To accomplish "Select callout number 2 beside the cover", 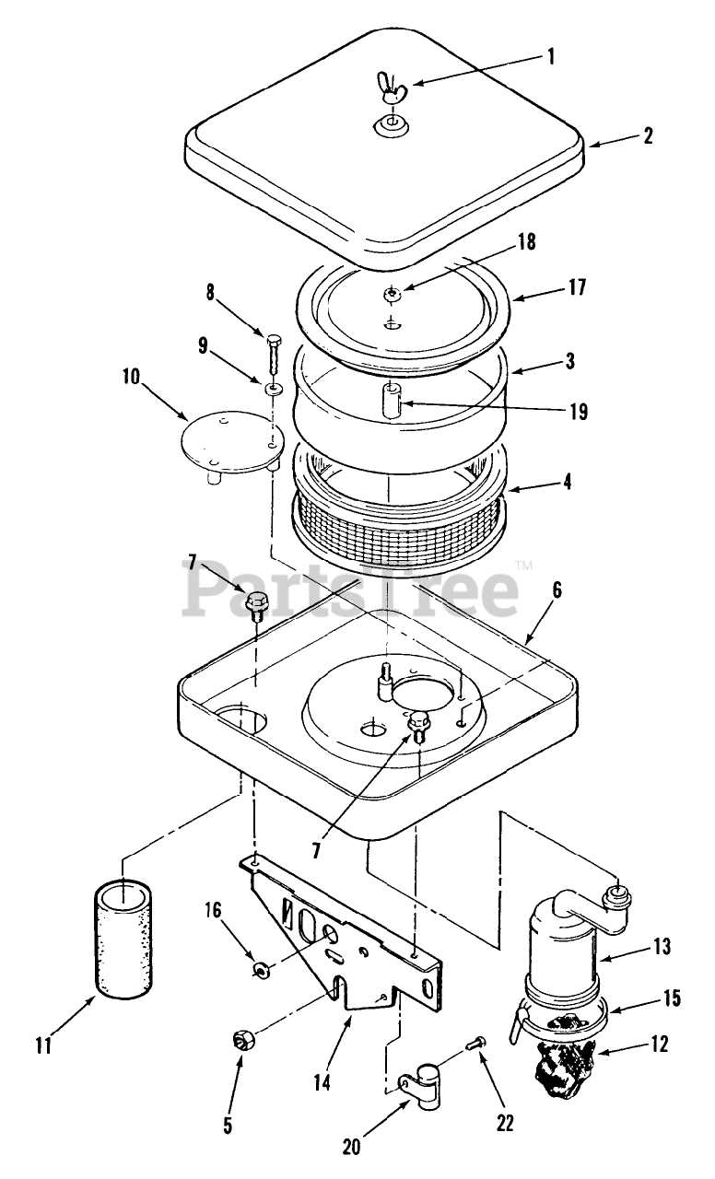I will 648,136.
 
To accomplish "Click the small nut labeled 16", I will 262,969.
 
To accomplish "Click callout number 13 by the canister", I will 662,946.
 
